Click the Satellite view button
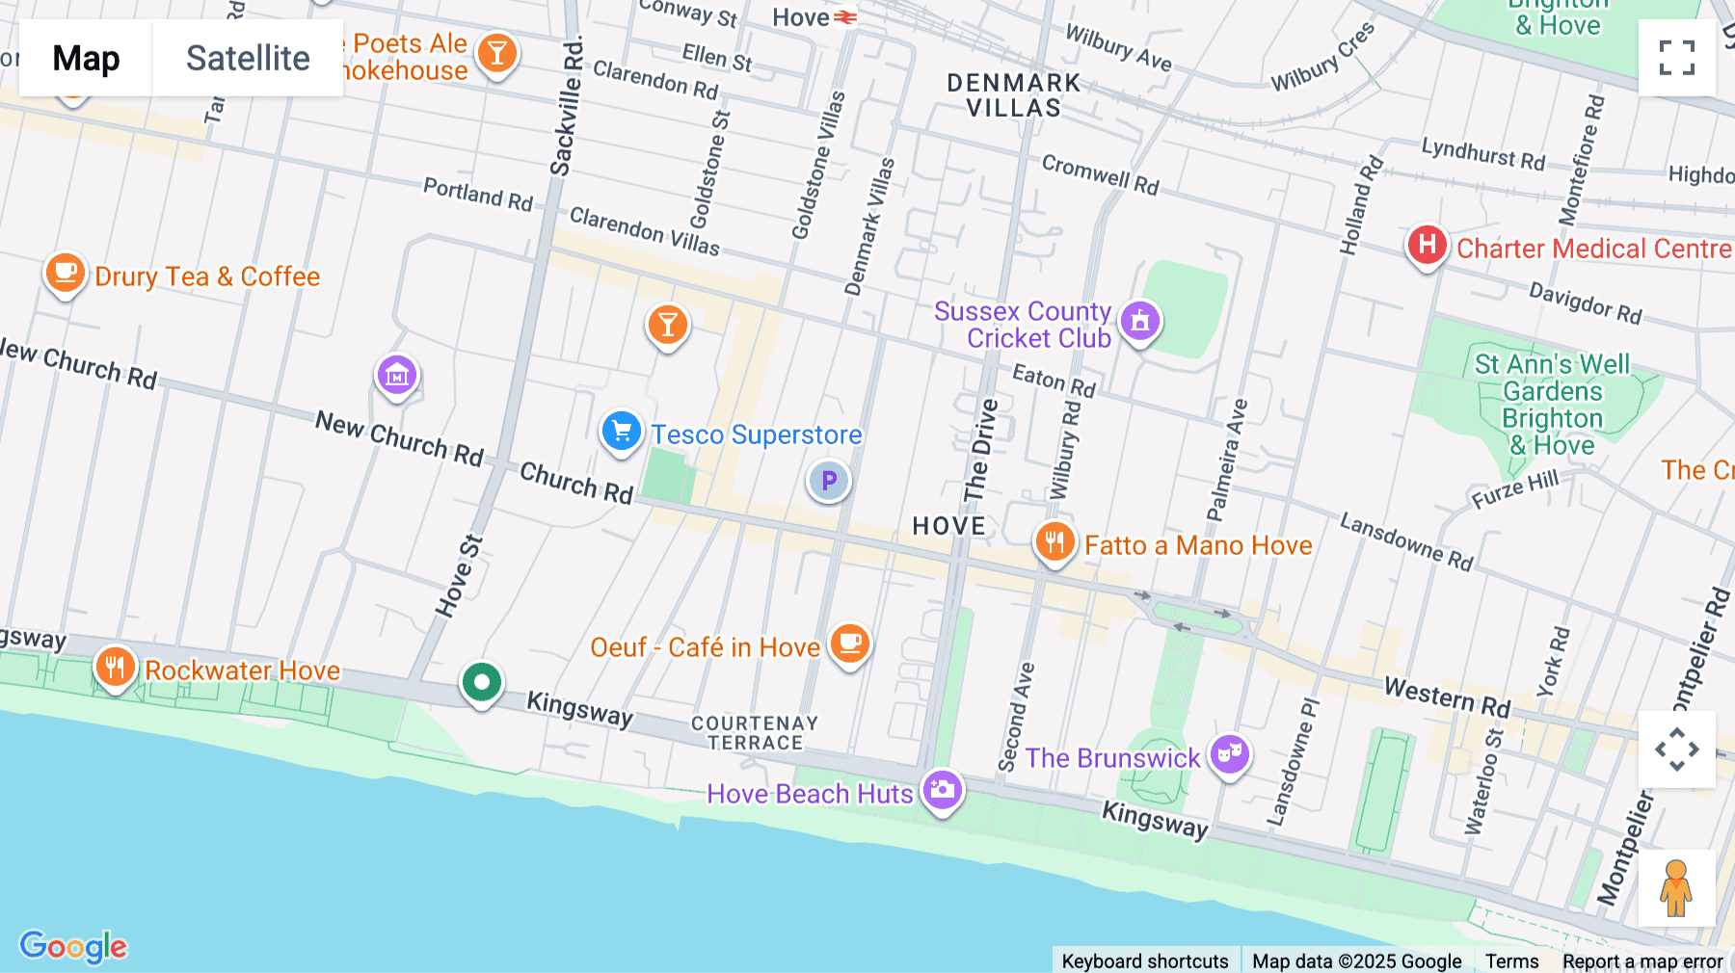(248, 58)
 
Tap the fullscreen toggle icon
(1676, 58)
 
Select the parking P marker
(828, 481)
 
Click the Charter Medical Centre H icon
(1427, 245)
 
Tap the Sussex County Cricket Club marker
(1140, 321)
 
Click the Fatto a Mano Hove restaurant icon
(1054, 542)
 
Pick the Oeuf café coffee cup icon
(850, 643)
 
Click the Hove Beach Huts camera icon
(942, 790)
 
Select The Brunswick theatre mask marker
(1229, 754)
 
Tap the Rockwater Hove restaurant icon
(115, 666)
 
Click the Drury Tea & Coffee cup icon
(65, 274)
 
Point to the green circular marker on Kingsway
(481, 683)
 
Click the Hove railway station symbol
(845, 17)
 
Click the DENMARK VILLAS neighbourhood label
(1013, 95)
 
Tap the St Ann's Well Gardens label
(1552, 405)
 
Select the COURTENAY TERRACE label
(755, 733)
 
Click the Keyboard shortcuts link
(1144, 960)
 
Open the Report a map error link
(1642, 960)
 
